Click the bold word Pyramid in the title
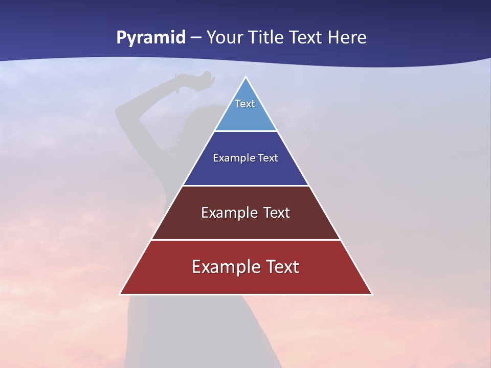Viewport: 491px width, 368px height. (x=151, y=38)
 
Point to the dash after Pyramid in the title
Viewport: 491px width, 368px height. (x=196, y=38)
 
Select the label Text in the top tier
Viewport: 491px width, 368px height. (x=245, y=104)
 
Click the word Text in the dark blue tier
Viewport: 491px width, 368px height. (x=268, y=158)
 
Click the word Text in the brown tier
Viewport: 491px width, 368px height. (x=277, y=213)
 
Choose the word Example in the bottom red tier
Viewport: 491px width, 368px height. (x=225, y=267)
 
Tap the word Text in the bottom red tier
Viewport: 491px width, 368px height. (x=281, y=267)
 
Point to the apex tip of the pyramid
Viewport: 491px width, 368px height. (x=246, y=78)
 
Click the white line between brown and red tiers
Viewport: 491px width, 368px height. (x=245, y=240)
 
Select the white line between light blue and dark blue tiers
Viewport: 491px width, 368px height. (x=245, y=131)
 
